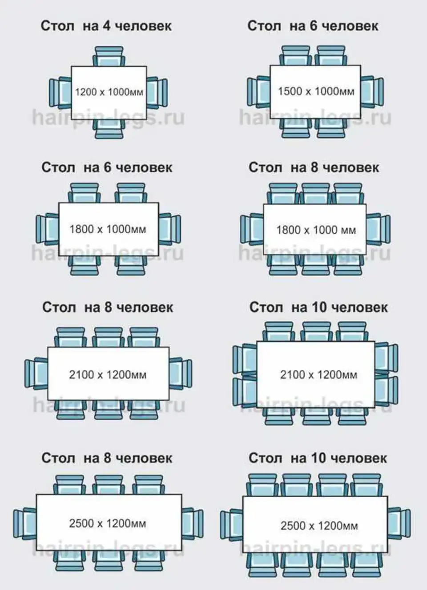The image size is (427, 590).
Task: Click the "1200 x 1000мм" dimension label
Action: point(109,92)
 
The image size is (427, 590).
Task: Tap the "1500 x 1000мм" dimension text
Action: point(316,92)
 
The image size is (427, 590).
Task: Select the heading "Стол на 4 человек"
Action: point(106,26)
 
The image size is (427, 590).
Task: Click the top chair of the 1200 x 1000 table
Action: point(109,56)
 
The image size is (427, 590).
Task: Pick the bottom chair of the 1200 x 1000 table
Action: point(109,129)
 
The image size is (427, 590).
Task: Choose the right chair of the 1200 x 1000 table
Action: point(157,93)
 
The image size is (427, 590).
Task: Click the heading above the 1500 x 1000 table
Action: point(313,26)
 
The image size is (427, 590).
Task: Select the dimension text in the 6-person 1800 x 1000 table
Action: point(108,229)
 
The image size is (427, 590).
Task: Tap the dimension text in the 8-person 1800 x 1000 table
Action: point(316,230)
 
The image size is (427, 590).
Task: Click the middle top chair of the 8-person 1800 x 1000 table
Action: point(316,194)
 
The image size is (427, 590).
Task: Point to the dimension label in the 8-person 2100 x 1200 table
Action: point(108,375)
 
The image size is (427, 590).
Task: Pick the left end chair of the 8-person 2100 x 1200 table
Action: point(36,374)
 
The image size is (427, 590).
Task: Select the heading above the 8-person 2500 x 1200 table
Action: point(107,458)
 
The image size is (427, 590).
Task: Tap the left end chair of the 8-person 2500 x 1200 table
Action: point(25,523)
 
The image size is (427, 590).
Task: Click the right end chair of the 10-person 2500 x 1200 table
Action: point(399,524)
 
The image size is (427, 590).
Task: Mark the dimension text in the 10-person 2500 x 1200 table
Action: point(319,526)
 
